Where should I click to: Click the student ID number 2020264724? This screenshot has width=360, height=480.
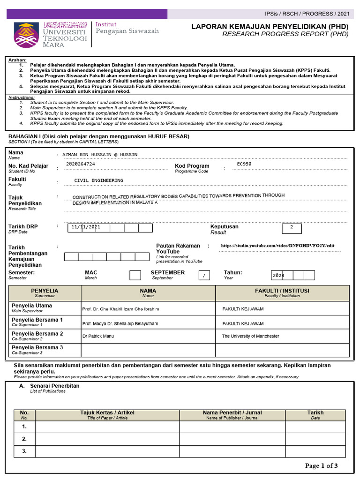pos(81,164)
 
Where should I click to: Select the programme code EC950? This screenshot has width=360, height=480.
pos(244,164)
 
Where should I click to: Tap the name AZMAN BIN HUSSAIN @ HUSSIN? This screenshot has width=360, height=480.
pos(100,154)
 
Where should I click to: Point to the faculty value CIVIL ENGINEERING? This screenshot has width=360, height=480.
pos(98,180)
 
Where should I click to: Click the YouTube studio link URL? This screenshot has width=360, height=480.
pos(277,246)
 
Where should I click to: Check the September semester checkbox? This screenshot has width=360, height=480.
pos(204,275)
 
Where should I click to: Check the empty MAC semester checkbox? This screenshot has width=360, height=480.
pos(135,275)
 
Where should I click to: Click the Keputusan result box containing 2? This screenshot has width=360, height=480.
pos(292,228)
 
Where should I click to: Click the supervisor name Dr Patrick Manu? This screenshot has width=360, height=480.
pos(98,336)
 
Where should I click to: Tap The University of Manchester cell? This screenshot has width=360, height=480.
pos(250,336)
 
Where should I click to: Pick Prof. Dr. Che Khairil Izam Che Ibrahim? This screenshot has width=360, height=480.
pos(120,309)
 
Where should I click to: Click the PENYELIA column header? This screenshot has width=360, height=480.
pos(45,293)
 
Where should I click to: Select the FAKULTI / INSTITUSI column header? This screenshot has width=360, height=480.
pos(282,293)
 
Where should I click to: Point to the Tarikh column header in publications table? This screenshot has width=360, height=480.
pos(315,415)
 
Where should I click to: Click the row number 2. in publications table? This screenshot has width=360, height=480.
pos(24,439)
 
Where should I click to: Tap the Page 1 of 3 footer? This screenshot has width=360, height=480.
pos(321,465)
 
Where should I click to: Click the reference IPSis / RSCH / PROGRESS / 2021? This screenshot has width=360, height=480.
pos(307,14)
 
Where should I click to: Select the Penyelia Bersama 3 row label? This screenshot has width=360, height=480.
pos(37,350)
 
